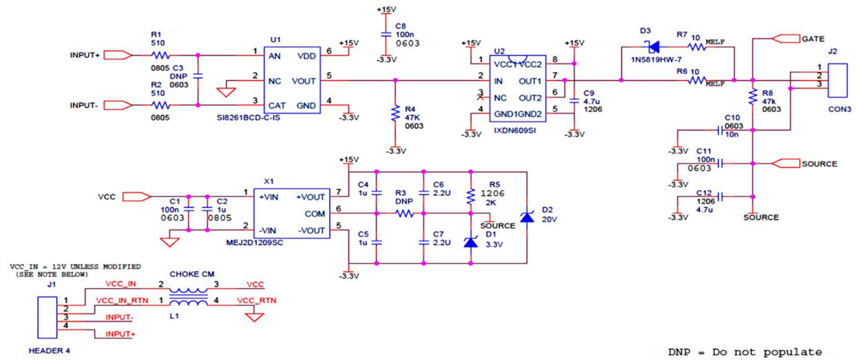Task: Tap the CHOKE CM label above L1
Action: tap(189, 274)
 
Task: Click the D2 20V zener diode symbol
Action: tap(526, 216)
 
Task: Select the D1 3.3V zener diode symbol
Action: tap(470, 241)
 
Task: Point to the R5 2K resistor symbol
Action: tap(470, 196)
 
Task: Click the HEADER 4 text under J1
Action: tap(49, 351)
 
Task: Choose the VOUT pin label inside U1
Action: tap(304, 80)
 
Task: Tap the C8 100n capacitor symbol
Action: tap(386, 34)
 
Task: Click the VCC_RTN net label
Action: tap(254, 300)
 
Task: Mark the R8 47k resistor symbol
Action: tap(752, 96)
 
